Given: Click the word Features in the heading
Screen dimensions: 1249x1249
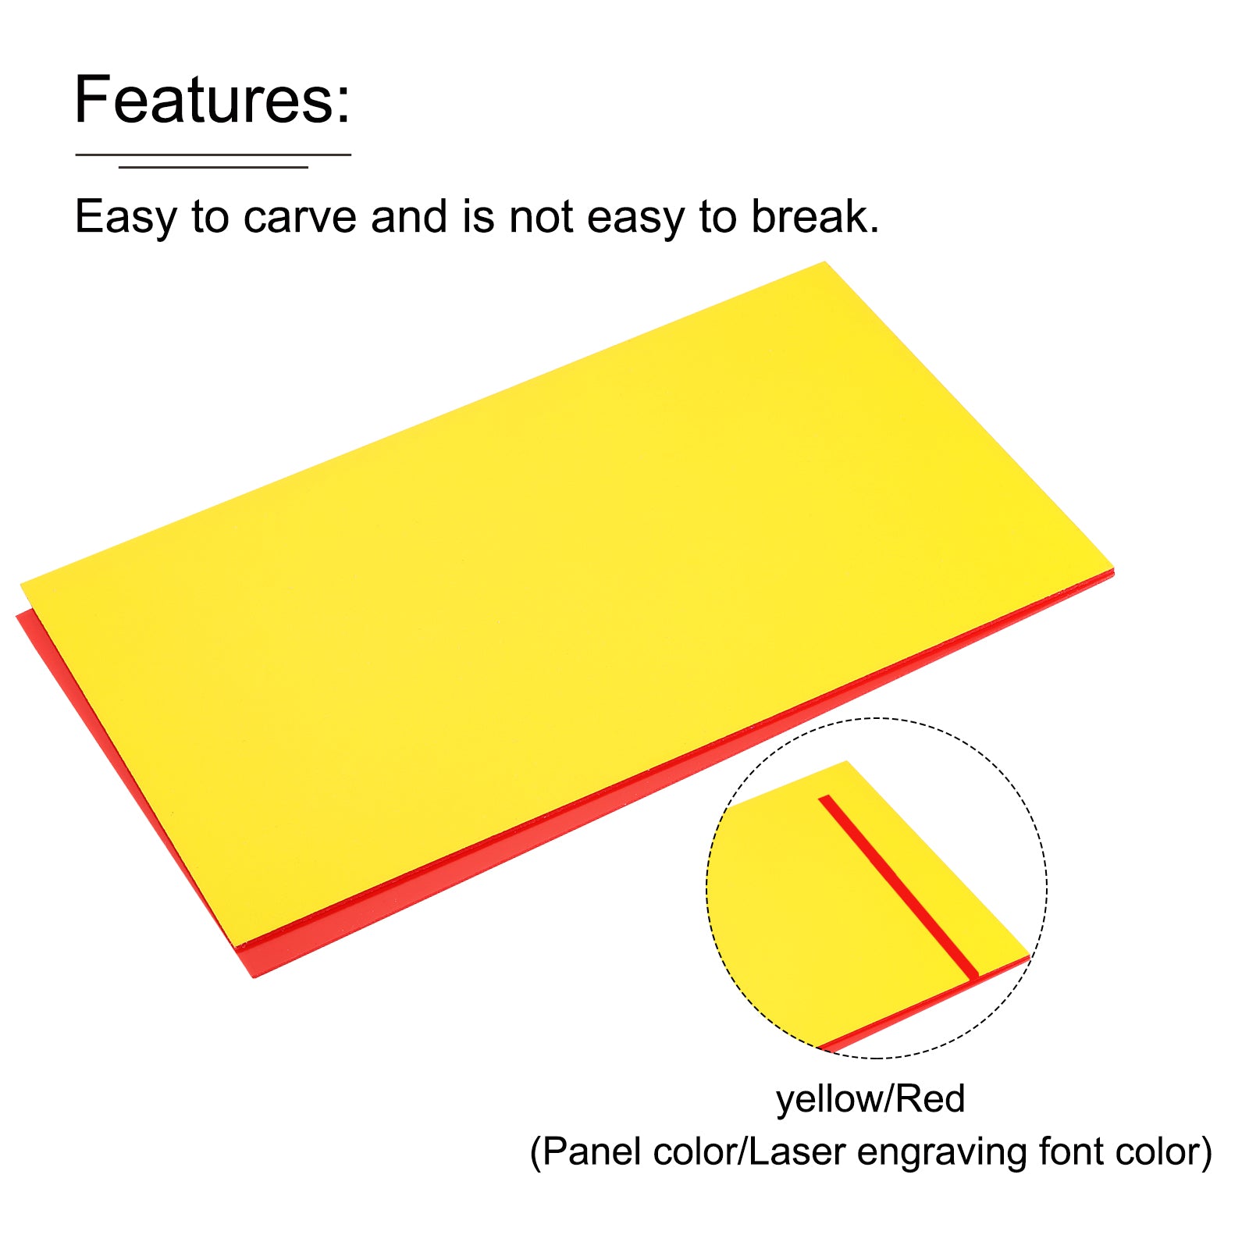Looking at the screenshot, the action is (204, 100).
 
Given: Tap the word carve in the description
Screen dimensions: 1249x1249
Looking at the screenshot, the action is (301, 217).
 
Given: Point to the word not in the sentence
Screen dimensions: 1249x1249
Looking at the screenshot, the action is (543, 218).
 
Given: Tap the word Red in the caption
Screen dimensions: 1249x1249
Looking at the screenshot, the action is (930, 1098).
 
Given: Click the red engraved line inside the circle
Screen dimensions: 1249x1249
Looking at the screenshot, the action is (898, 886).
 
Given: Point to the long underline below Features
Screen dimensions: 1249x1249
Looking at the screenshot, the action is (213, 155).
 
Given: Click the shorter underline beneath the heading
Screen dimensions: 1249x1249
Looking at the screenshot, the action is (213, 166).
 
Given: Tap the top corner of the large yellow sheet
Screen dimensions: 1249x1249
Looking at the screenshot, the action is (825, 263).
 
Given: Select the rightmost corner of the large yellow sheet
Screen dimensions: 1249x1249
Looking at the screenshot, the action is (1113, 569).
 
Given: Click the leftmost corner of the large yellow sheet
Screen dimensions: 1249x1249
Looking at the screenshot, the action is (20, 583).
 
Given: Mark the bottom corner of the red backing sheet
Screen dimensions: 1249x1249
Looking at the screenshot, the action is (253, 977).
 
